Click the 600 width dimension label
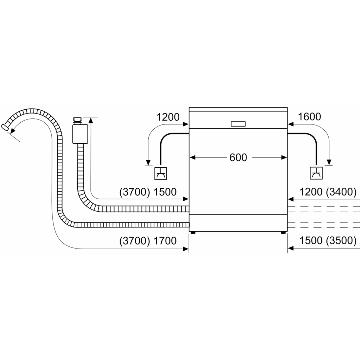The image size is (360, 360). (238, 157)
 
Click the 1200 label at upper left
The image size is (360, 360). (168, 117)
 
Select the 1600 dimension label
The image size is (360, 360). (309, 117)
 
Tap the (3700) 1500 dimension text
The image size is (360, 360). (148, 192)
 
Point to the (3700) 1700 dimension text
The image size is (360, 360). (148, 241)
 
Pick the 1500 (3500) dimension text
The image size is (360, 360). (328, 241)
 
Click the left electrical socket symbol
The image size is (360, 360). (160, 174)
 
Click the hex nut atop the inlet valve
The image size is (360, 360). (77, 120)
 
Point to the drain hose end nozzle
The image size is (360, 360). (5, 127)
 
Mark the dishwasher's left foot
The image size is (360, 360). (193, 232)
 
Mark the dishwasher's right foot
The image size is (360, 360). (283, 232)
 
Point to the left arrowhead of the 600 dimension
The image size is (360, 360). (192, 158)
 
